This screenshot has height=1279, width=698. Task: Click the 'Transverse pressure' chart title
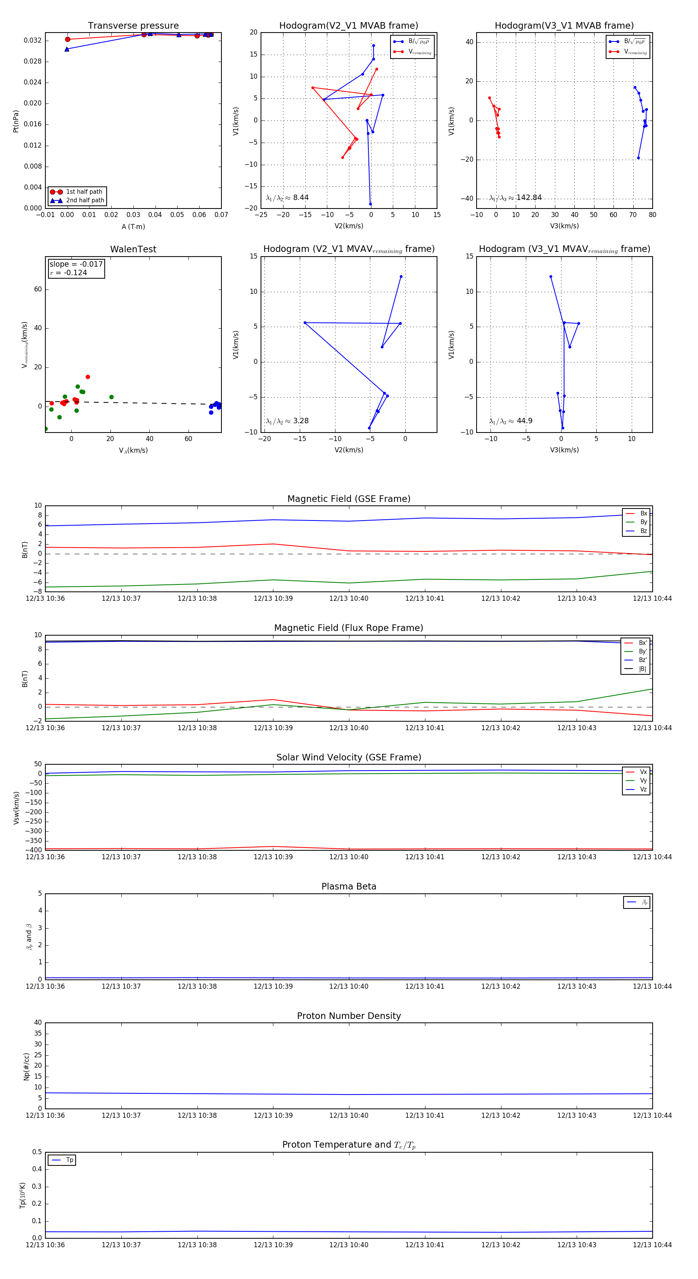pyautogui.click(x=133, y=26)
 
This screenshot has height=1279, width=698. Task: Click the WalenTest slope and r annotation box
pyautogui.click(x=76, y=268)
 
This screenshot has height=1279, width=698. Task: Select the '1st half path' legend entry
pyautogui.click(x=78, y=191)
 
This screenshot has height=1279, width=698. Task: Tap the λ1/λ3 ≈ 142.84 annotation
pyautogui.click(x=516, y=198)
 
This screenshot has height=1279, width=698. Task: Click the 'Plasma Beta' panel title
pyautogui.click(x=349, y=886)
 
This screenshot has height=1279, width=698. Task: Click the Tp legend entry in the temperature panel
pyautogui.click(x=62, y=1160)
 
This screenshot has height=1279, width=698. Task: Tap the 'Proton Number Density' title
pyautogui.click(x=349, y=1015)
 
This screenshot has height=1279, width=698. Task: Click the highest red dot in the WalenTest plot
pyautogui.click(x=88, y=377)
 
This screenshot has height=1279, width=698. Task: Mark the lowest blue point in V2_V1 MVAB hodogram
pyautogui.click(x=370, y=204)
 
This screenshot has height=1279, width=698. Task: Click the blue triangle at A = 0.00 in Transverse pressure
pyautogui.click(x=67, y=49)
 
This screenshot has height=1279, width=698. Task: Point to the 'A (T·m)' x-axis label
pyautogui.click(x=133, y=226)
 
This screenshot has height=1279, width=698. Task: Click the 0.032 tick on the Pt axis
pyautogui.click(x=33, y=40)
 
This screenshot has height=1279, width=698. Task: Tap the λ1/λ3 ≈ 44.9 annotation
pyautogui.click(x=511, y=421)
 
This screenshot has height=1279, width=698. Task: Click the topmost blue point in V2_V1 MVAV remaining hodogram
pyautogui.click(x=401, y=277)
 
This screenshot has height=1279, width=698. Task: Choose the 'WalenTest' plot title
pyautogui.click(x=133, y=249)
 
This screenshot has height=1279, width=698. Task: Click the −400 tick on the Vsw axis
pyautogui.click(x=32, y=850)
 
